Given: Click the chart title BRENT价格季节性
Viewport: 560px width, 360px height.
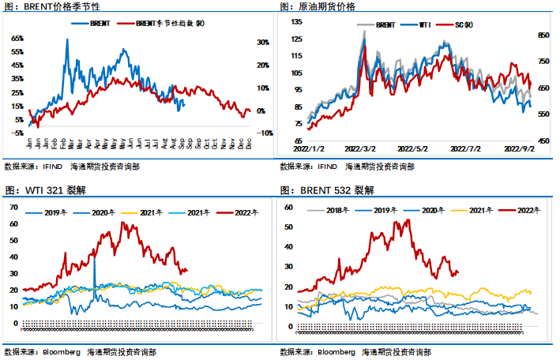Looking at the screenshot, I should coord(66,7).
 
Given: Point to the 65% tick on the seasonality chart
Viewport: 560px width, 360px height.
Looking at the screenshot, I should coord(17,38).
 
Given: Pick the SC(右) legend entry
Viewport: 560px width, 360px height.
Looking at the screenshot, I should coord(464,25).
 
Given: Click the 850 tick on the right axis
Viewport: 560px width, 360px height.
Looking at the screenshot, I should coord(543,36).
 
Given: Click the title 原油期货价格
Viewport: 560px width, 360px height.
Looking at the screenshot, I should coord(327,7).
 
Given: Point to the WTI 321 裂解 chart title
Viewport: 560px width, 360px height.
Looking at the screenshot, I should coord(54,190).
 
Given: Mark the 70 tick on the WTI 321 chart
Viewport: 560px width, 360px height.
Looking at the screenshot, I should coord(12,207).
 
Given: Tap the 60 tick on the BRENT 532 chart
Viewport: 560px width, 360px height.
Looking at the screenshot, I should coord(288,207).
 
